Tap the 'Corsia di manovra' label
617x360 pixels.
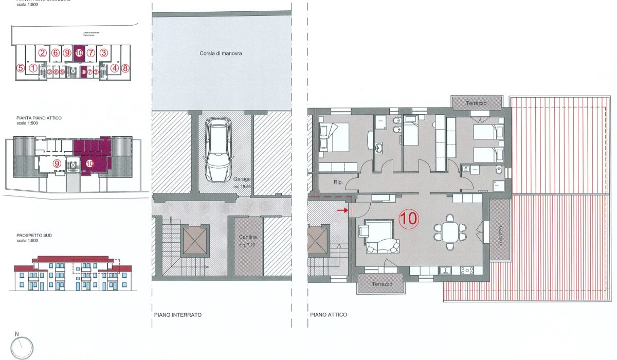tap(221, 53)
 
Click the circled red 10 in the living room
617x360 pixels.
tap(409, 219)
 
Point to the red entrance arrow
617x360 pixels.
tap(342, 210)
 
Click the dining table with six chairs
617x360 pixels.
tap(450, 231)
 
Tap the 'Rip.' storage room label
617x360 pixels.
tap(338, 182)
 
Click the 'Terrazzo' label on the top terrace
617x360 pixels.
tap(476, 103)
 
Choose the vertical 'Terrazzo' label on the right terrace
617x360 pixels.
tap(501, 236)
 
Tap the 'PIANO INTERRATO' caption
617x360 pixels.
tap(177, 315)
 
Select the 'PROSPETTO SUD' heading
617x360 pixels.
tap(34, 236)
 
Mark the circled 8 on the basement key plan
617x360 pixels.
tap(125, 67)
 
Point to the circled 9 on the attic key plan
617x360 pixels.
tap(57, 164)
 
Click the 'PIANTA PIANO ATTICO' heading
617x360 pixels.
tap(39, 118)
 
